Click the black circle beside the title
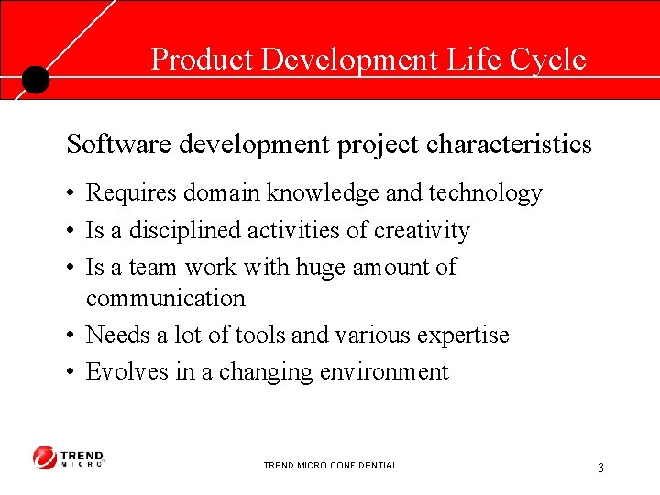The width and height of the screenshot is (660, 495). click(x=35, y=80)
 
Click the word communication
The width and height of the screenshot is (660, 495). click(x=165, y=298)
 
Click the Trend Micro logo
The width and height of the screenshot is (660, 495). click(x=69, y=456)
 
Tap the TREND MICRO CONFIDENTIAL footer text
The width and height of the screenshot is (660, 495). click(x=330, y=466)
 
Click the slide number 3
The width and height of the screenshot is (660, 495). click(x=600, y=467)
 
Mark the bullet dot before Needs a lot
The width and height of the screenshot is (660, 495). click(x=71, y=335)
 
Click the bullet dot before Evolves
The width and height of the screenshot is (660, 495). click(x=71, y=372)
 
